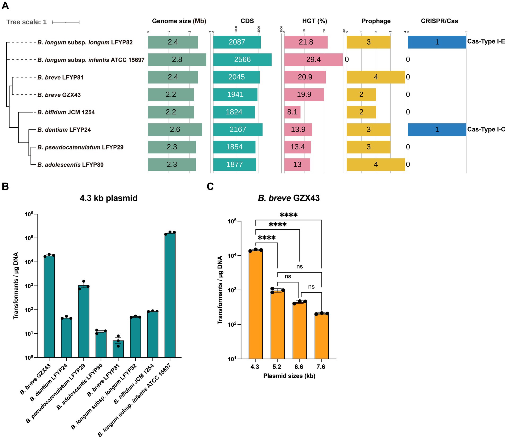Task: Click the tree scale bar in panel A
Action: pos(66,22)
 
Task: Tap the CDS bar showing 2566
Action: pos(242,59)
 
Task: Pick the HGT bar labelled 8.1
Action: pos(292,112)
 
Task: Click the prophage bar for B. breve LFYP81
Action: pos(376,77)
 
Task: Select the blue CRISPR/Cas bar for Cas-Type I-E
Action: pos(437,42)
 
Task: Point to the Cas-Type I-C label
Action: pos(486,130)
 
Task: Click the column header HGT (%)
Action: pos(315,21)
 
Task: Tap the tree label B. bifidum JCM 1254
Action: pos(66,112)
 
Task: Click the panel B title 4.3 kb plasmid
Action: pos(109,198)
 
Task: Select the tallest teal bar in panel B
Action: pos(170,295)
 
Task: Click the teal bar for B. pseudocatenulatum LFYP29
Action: pos(84,321)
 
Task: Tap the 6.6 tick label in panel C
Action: pos(299,367)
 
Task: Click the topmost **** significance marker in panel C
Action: pos(289,215)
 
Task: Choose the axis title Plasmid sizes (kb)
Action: pos(289,376)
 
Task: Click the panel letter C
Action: pos(210,187)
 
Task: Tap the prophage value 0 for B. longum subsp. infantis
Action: pos(347,59)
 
